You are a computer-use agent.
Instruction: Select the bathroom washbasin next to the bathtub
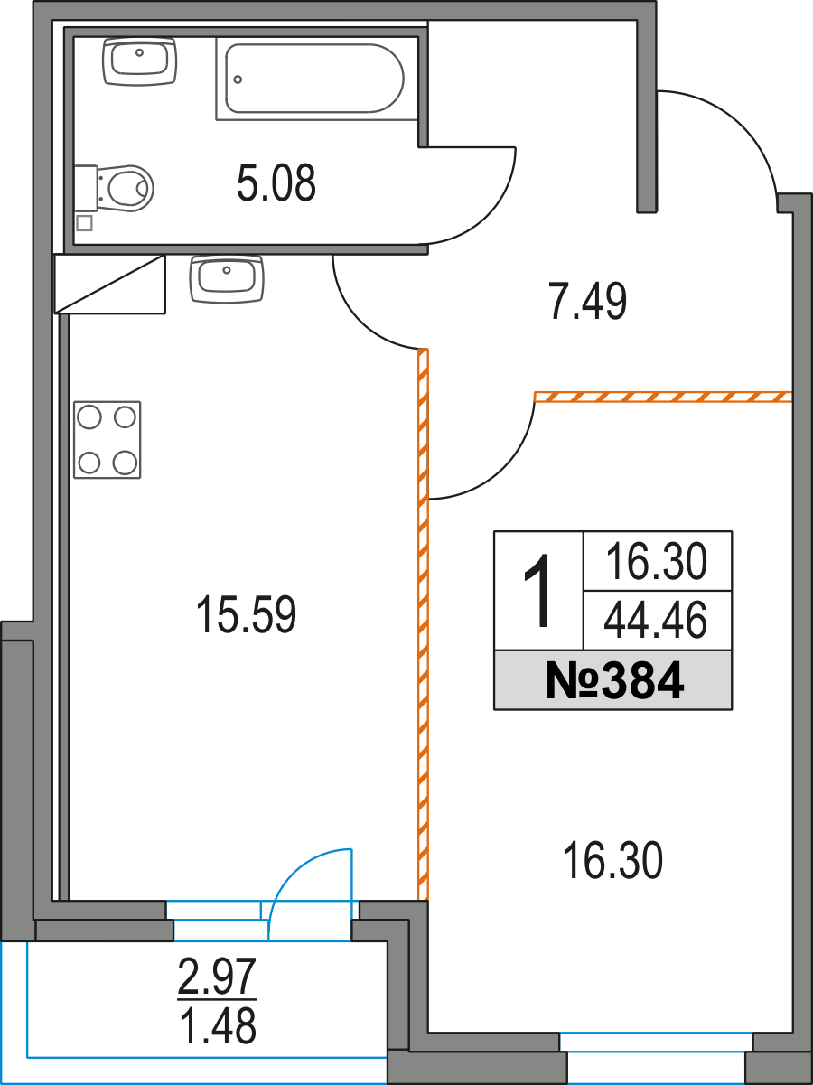[140, 61]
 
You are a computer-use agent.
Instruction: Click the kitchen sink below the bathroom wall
[226, 278]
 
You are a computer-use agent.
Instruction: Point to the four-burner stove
[107, 440]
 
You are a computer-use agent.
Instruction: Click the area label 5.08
[276, 184]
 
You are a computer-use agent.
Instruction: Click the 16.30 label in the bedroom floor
[612, 861]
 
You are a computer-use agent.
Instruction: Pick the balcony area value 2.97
[219, 977]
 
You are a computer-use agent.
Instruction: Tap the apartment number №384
[613, 681]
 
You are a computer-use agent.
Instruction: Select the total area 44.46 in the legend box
[656, 621]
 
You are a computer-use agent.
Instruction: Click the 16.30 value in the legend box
[656, 563]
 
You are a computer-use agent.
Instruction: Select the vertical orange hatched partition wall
[422, 632]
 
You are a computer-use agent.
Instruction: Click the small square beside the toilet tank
[84, 223]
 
